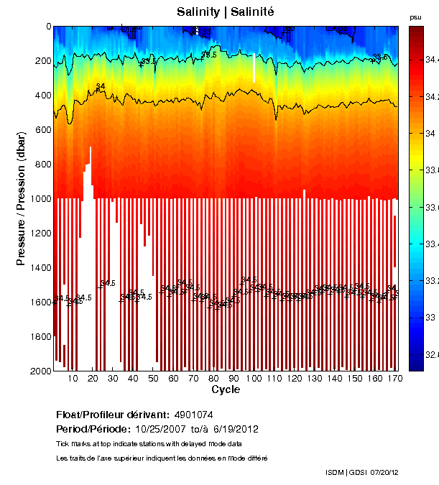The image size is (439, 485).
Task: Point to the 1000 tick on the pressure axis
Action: tap(43, 199)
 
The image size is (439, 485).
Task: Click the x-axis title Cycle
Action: tap(226, 389)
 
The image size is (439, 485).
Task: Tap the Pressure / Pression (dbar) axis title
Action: tap(22, 199)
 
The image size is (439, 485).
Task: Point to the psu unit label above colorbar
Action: tap(415, 17)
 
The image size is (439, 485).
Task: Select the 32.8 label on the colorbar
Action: tap(430, 354)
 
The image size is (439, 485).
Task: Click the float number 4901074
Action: tap(193, 415)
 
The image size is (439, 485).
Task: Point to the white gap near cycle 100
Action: tap(254, 68)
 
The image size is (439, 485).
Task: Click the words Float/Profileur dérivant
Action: tap(112, 415)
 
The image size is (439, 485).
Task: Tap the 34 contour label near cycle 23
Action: tap(101, 87)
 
